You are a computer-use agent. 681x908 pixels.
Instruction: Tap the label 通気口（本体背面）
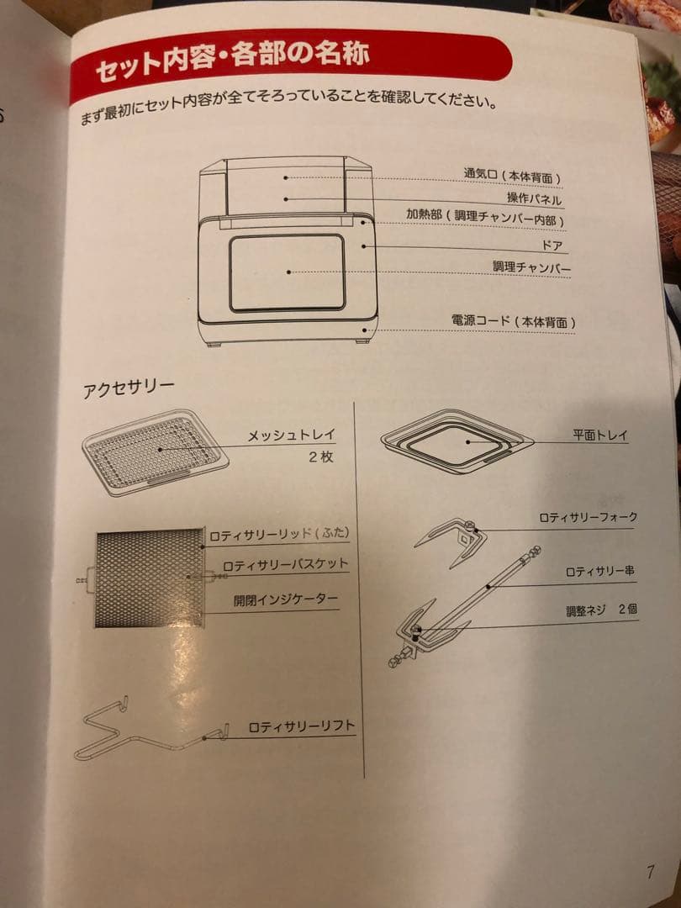(511, 177)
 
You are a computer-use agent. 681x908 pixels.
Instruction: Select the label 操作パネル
(534, 198)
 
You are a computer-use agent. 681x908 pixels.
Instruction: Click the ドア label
(552, 246)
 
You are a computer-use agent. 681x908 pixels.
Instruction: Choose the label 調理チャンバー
(531, 268)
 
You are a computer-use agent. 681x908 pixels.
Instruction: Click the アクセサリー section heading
(129, 389)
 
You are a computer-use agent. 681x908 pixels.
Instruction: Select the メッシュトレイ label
(291, 436)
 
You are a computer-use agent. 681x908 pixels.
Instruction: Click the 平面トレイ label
(600, 436)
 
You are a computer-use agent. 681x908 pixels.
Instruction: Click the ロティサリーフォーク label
(588, 517)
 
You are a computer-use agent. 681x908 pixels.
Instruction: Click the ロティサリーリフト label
(301, 726)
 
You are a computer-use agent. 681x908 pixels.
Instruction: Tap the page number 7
(650, 872)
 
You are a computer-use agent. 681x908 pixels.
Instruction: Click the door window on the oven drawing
(287, 272)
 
